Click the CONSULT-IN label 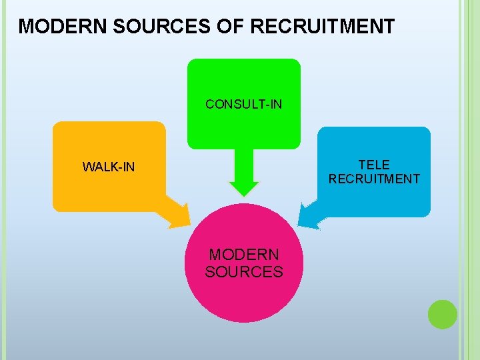244,104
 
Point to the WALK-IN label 109,167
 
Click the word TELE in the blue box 374,165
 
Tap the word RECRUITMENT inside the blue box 374,179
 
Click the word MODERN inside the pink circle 244,255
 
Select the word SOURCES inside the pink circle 244,272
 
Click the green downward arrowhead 244,190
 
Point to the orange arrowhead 178,215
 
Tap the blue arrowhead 309,215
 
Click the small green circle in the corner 442,314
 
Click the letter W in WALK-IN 87,167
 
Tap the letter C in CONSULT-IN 209,104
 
